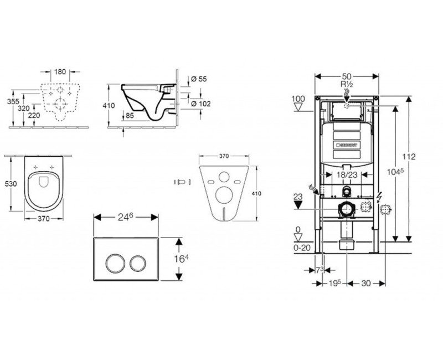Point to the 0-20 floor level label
pos(301,248)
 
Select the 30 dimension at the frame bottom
pos(366,282)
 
